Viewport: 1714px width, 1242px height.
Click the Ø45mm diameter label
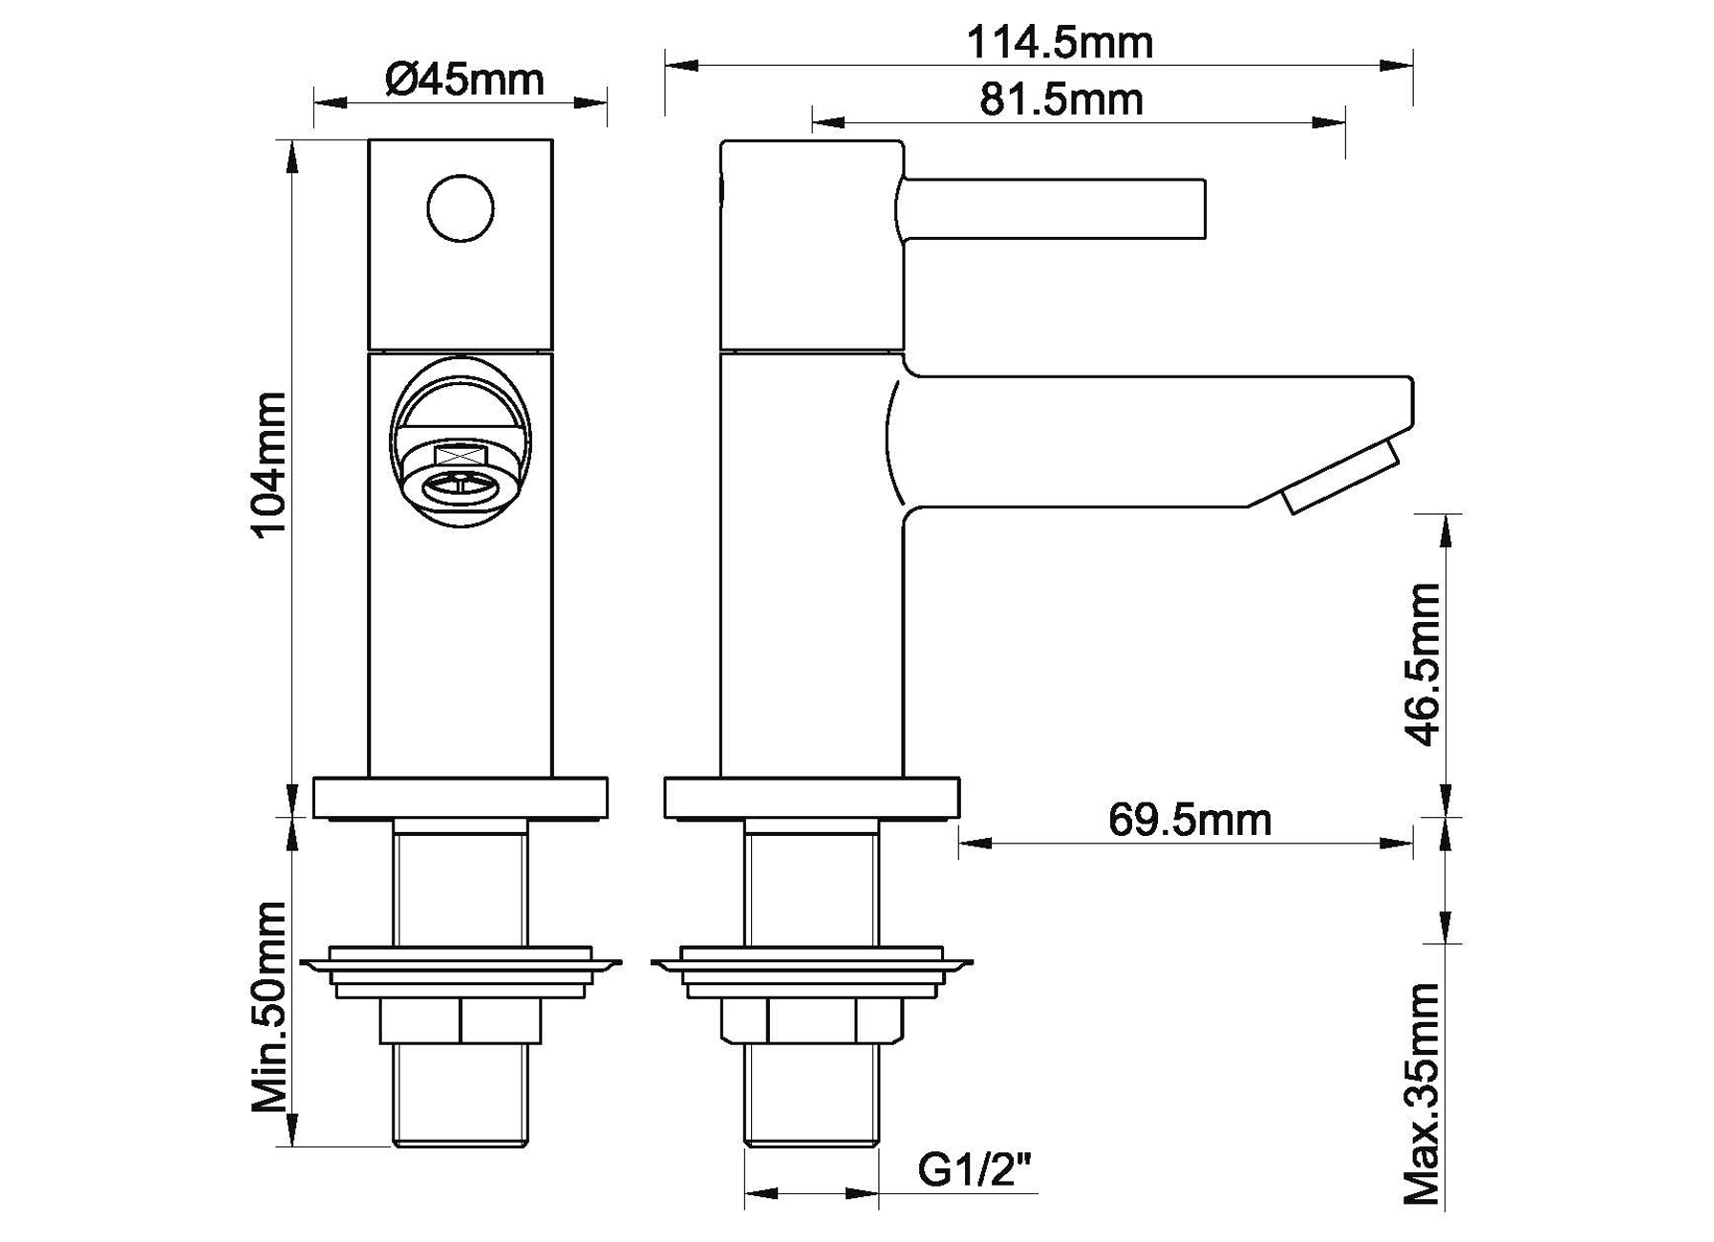click(x=464, y=79)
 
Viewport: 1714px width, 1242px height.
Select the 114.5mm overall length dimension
click(x=1060, y=43)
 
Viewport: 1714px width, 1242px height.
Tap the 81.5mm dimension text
click(x=1061, y=100)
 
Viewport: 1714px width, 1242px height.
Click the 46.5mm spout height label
click(x=1424, y=664)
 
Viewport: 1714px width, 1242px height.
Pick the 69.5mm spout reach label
click(x=1189, y=820)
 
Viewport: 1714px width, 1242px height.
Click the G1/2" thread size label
click(x=975, y=1169)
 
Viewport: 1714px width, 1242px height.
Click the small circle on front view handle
click(x=461, y=208)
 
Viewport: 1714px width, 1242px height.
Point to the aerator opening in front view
click(x=461, y=484)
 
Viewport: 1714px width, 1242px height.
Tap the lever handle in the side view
click(x=1051, y=208)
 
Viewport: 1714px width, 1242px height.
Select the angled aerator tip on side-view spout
click(x=1342, y=476)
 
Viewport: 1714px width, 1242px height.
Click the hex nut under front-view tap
click(x=461, y=1020)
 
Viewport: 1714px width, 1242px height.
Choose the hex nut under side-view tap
click(x=811, y=1020)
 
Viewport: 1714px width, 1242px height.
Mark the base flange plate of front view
click(x=461, y=799)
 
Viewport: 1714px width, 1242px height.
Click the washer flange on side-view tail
click(x=811, y=965)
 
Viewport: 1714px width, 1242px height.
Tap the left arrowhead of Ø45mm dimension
click(x=330, y=101)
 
